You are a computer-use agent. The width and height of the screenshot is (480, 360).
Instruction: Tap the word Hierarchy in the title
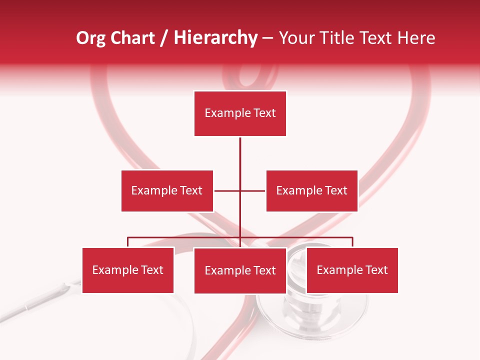click(215, 38)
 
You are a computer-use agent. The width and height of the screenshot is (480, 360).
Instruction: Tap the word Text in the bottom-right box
click(376, 270)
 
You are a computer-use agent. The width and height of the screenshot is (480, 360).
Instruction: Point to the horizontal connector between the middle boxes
click(227, 190)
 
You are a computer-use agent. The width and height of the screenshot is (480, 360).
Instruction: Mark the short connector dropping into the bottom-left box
click(128, 242)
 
